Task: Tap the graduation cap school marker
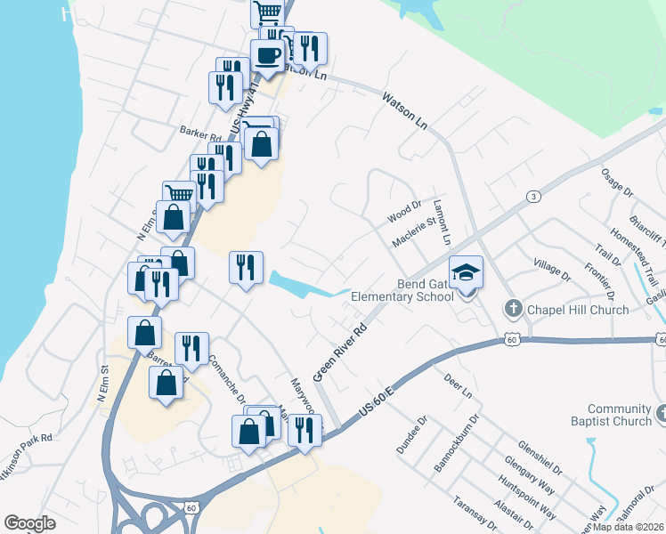467,272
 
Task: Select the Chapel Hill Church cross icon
513,310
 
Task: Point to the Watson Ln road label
405,113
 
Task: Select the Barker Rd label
199,130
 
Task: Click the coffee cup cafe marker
267,55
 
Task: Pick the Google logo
29,523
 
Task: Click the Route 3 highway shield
532,196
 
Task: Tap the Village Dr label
551,270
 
